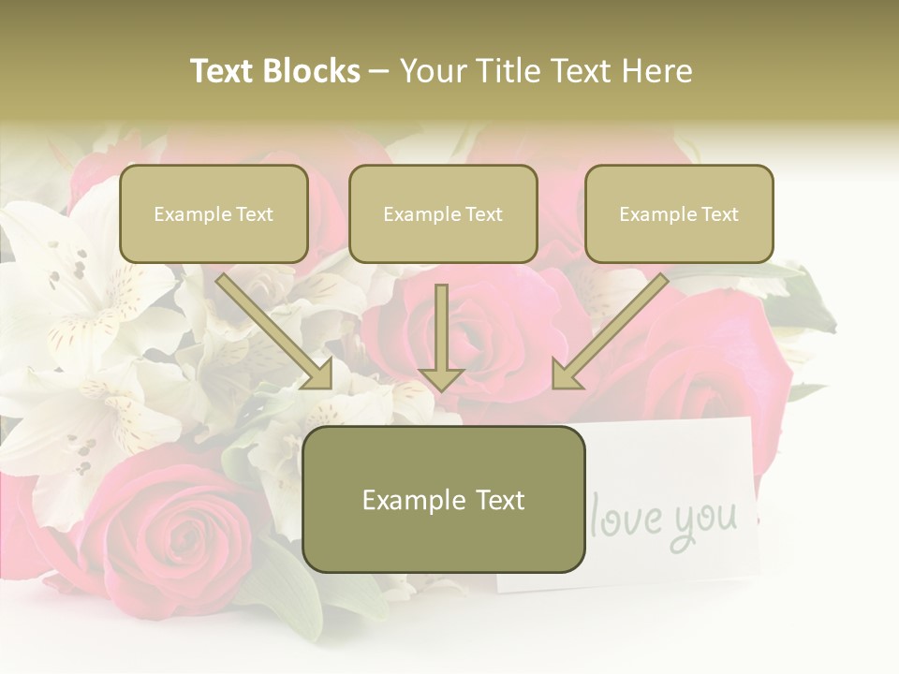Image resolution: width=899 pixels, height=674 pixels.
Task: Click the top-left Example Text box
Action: [214, 214]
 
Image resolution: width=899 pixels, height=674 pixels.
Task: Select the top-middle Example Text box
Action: [443, 214]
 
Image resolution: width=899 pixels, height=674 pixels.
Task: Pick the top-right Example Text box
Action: [679, 214]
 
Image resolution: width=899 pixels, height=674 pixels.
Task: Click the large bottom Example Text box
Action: [443, 500]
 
